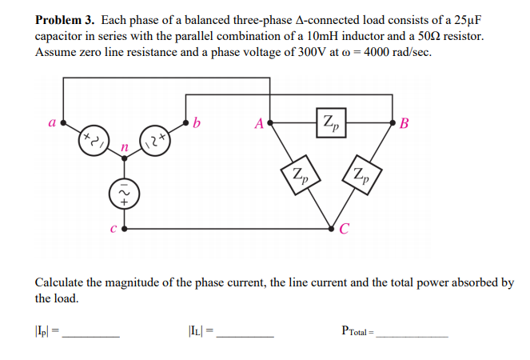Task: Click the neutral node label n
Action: (122, 149)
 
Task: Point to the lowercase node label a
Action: (51, 124)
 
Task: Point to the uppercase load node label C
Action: (345, 234)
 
